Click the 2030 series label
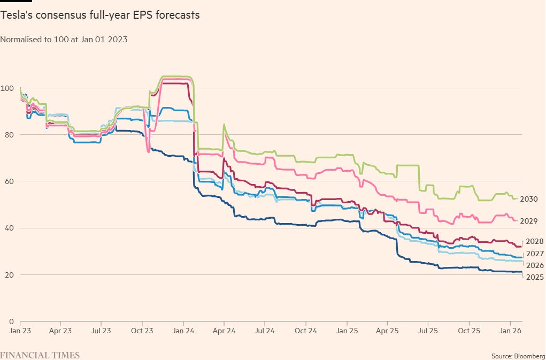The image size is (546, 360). [528, 200]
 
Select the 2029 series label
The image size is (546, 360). [528, 221]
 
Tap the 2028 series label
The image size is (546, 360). [535, 242]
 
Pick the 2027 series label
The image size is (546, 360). [535, 254]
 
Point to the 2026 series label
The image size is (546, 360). [535, 265]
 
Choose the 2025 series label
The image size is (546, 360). [535, 277]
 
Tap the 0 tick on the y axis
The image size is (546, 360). [3, 321]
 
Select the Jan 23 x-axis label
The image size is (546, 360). [20, 331]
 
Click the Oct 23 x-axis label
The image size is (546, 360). [142, 331]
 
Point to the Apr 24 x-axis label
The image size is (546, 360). [224, 331]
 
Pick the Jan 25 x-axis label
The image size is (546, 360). [347, 331]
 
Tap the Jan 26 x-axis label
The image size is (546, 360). [510, 331]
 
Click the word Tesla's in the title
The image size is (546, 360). [14, 15]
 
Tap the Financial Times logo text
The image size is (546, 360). [40, 355]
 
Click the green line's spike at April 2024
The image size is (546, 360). [224, 124]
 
